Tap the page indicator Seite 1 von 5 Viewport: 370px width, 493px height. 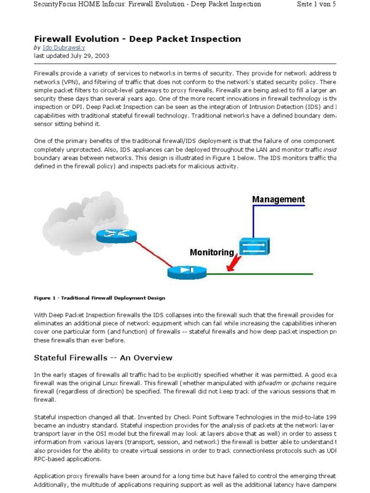tap(324, 4)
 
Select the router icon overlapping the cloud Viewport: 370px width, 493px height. tap(116, 235)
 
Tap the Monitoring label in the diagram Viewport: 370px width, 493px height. tap(212, 252)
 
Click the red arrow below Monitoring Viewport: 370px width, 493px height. tap(235, 262)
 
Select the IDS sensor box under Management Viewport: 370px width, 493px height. tap(255, 246)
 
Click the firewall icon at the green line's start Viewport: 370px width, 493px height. tap(187, 272)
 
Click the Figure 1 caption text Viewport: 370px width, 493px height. tap(99, 298)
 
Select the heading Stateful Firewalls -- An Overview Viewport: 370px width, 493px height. tap(103, 358)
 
